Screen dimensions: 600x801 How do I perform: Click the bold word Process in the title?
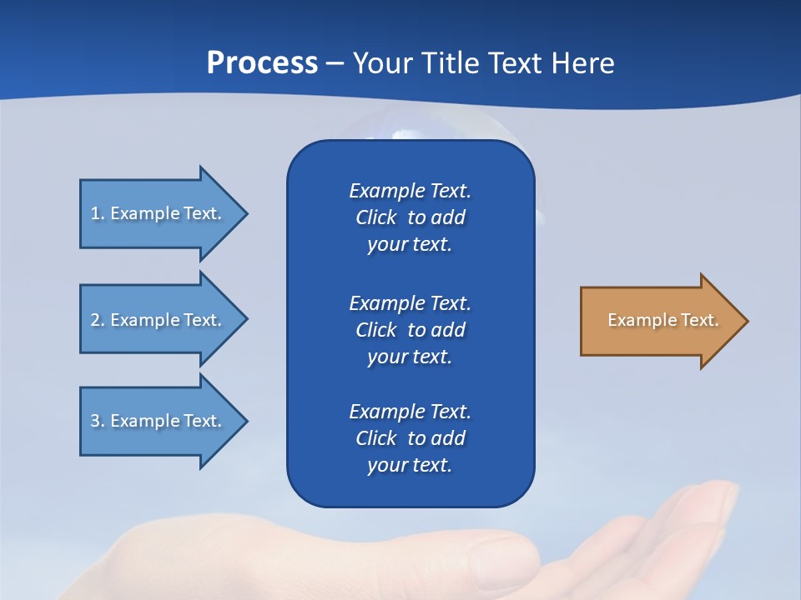click(262, 63)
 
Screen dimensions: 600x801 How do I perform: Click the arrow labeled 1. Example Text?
click(159, 213)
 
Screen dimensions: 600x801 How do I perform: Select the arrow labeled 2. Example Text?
click(159, 320)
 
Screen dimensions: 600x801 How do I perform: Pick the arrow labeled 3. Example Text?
click(159, 421)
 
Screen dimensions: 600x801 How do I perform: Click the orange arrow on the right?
click(659, 321)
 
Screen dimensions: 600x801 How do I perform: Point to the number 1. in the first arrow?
click(98, 213)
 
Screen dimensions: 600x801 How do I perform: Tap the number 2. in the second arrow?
click(98, 320)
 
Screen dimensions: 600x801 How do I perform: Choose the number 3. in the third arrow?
click(98, 421)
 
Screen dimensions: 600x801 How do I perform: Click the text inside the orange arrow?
click(663, 320)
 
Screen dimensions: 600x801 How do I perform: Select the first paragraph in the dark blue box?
click(410, 217)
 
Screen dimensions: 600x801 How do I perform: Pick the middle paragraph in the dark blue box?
click(410, 329)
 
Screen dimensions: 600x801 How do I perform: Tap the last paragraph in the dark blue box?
click(410, 438)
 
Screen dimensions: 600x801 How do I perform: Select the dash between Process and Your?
click(335, 63)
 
